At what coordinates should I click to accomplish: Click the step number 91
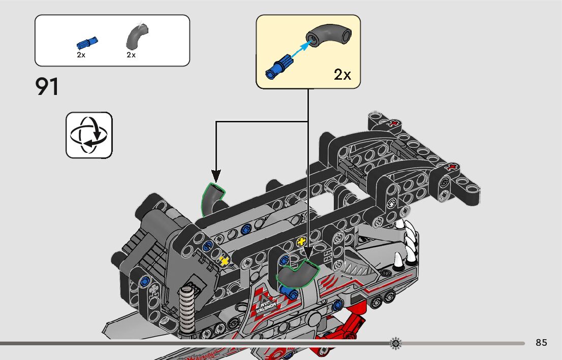pos(47,87)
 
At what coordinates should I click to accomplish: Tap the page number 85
pos(541,343)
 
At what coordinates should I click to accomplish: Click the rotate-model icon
pos(89,135)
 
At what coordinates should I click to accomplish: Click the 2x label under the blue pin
pos(81,55)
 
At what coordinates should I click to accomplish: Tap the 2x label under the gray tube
pos(131,55)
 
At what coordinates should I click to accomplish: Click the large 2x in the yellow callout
pos(342,75)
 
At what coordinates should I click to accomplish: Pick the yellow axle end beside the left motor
pos(224,261)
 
